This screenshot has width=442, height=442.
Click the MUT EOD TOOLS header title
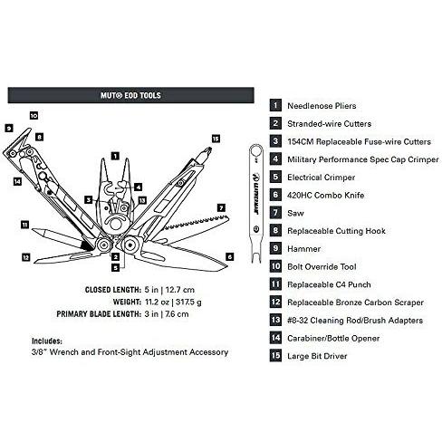click(130, 95)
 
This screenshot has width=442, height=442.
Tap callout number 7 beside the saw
click(222, 207)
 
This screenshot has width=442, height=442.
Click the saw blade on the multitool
click(193, 226)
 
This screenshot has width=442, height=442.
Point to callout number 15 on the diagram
click(216, 139)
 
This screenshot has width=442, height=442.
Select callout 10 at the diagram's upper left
click(34, 115)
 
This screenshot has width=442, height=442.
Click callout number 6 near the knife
click(230, 256)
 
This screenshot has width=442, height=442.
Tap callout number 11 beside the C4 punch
click(24, 225)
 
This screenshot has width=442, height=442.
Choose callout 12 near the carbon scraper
click(26, 257)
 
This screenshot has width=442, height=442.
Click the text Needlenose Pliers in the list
click(322, 106)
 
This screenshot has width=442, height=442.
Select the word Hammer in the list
click(303, 249)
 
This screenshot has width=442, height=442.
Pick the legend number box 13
click(275, 320)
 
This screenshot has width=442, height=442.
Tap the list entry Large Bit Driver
click(317, 356)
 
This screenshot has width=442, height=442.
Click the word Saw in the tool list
click(295, 213)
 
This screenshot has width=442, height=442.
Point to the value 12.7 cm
click(180, 290)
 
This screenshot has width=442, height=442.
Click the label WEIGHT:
click(127, 302)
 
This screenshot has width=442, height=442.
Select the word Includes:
click(47, 341)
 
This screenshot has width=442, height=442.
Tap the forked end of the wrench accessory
click(256, 256)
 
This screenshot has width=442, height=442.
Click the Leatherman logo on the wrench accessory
click(255, 193)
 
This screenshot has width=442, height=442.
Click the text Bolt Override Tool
click(322, 267)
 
